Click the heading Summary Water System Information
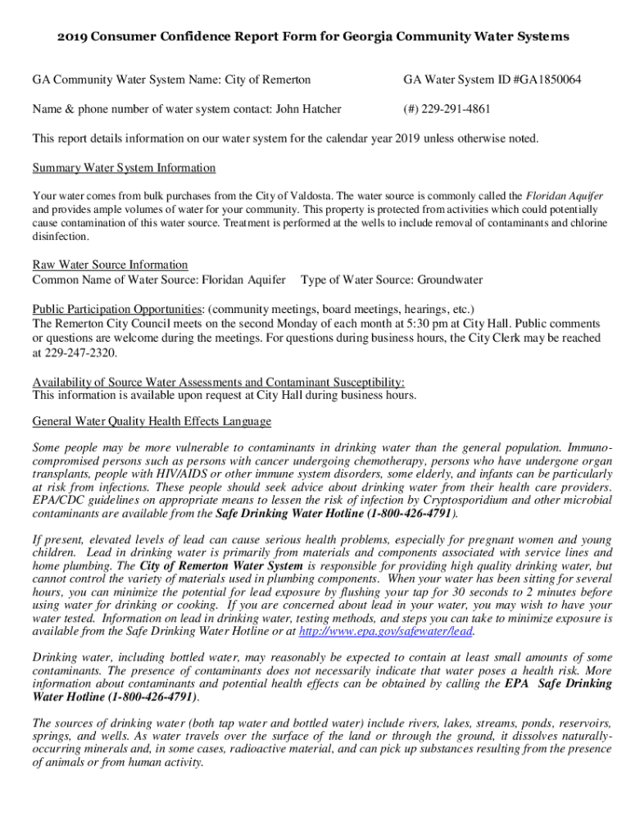coord(124,168)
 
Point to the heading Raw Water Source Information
coord(110,265)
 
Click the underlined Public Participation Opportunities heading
coord(117,309)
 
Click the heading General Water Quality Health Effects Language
coord(152,421)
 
